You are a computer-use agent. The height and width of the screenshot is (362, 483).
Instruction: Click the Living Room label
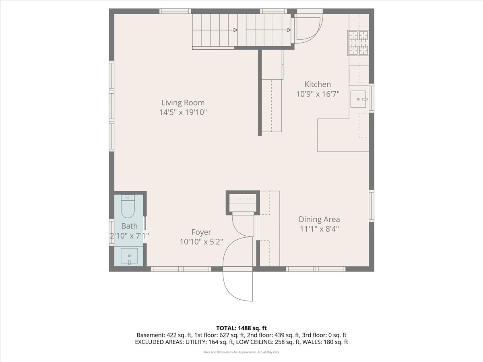click(183, 103)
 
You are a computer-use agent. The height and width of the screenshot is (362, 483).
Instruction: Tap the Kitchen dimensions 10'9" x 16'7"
click(318, 94)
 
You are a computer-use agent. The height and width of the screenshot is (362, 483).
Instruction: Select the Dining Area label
click(319, 219)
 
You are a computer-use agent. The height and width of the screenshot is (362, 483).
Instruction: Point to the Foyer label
click(201, 232)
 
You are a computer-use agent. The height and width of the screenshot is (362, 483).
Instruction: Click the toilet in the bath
click(128, 206)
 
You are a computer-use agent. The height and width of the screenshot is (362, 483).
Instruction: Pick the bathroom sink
click(129, 256)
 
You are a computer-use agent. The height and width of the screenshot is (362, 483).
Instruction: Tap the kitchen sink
click(358, 99)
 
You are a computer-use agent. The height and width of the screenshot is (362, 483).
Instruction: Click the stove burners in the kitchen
click(358, 43)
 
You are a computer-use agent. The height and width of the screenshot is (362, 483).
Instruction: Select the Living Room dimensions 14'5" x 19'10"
click(183, 112)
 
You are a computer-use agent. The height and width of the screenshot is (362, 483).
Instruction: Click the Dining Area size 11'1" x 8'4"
click(319, 229)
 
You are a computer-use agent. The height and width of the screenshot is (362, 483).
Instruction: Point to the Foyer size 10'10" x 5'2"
click(201, 242)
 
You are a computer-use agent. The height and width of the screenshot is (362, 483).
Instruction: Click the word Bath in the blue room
click(129, 226)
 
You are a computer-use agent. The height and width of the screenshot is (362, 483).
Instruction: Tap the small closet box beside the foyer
click(243, 203)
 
